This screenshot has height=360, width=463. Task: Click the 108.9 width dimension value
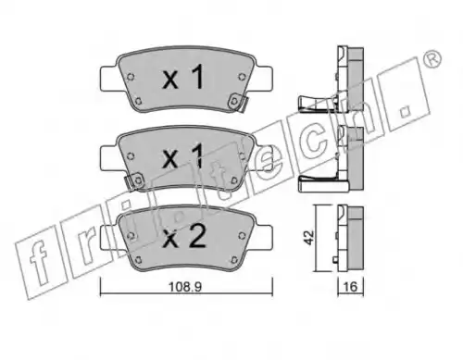pyautogui.click(x=185, y=287)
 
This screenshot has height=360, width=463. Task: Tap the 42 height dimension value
pyautogui.click(x=309, y=238)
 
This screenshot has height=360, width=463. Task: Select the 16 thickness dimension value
pyautogui.click(x=350, y=287)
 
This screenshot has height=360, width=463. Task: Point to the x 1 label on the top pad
pyautogui.click(x=183, y=77)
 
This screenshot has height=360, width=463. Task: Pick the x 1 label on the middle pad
pyautogui.click(x=183, y=156)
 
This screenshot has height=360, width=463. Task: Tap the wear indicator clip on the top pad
pyautogui.click(x=239, y=103)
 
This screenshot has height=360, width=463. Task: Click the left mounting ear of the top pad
pyautogui.click(x=108, y=79)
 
